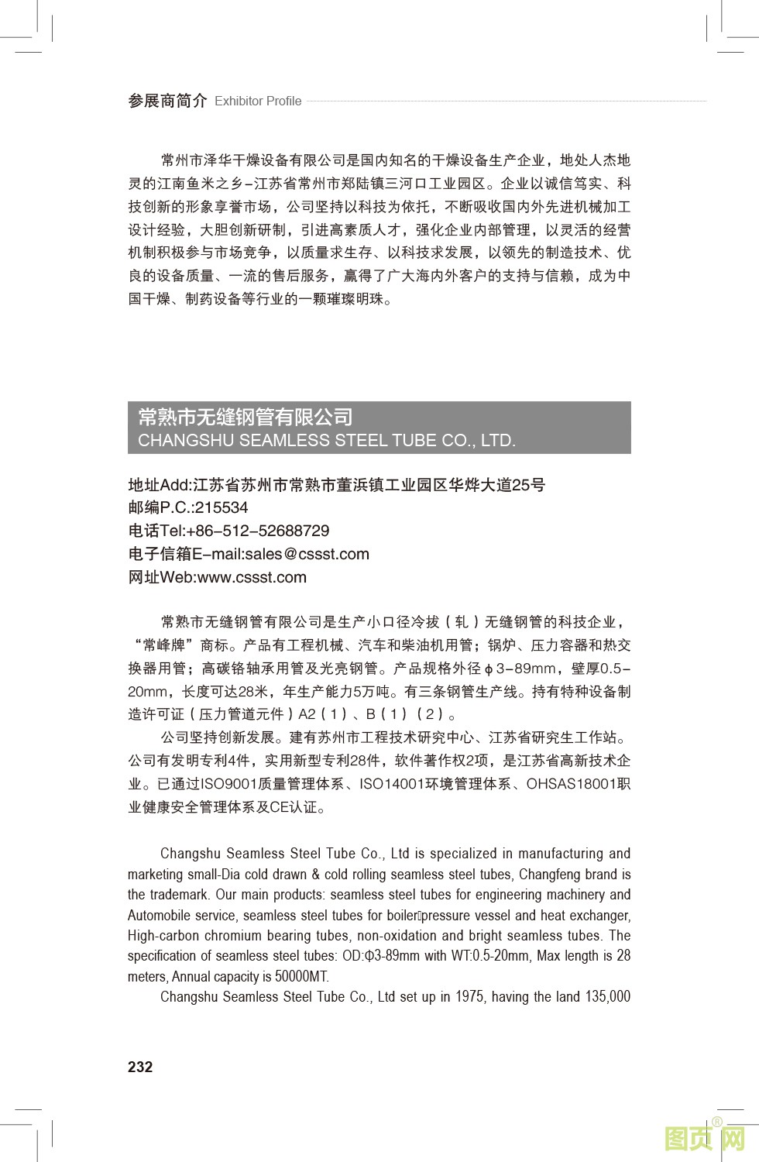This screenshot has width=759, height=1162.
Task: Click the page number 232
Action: pos(140,1067)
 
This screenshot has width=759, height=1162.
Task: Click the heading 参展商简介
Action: pos(167,101)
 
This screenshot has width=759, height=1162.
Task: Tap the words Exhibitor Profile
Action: pos(258,101)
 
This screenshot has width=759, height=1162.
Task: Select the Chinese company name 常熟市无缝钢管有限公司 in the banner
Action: pos(245,417)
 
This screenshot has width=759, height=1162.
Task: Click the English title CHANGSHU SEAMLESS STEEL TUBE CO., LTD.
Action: pos(326,441)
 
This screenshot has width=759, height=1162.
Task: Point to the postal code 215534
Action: pos(222,508)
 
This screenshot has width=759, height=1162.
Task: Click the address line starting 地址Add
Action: pos(336,485)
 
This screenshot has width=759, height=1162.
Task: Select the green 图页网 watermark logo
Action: pos(704,1138)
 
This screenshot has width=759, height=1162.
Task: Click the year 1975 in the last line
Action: pos(470,997)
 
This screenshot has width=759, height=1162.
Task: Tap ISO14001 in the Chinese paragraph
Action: pos(392,784)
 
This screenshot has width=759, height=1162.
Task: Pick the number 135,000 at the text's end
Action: pos(608,997)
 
